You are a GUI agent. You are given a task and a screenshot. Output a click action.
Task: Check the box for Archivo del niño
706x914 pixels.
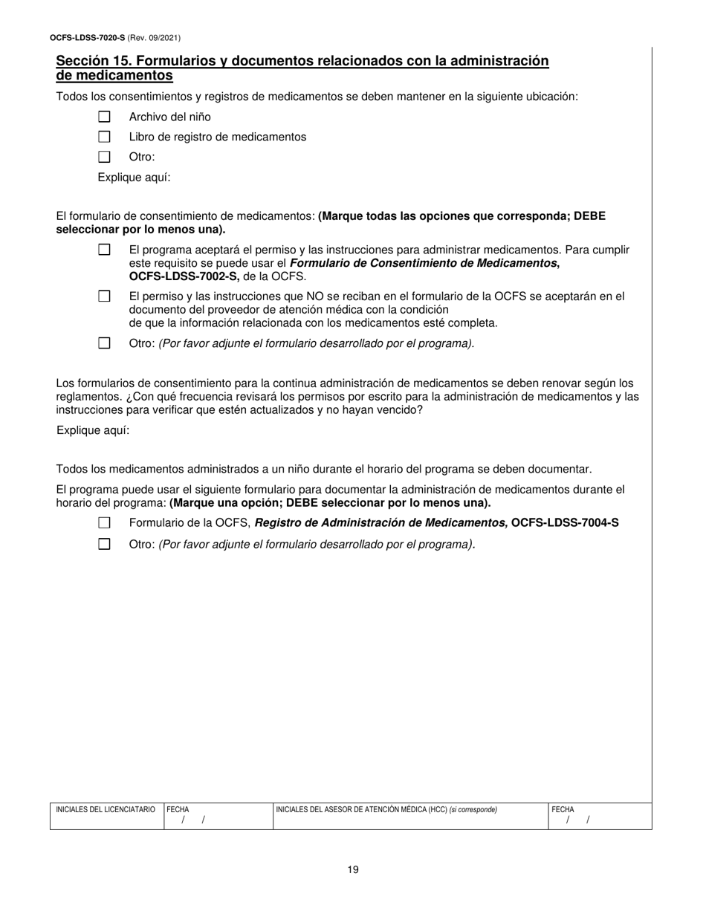click(104, 117)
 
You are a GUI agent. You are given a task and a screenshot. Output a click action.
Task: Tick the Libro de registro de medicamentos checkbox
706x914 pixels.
click(104, 137)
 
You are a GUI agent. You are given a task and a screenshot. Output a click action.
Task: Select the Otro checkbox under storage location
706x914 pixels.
click(104, 157)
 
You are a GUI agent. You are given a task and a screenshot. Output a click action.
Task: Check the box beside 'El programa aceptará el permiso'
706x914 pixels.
click(104, 250)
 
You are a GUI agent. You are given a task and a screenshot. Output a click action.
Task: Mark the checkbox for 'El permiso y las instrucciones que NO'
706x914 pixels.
click(104, 296)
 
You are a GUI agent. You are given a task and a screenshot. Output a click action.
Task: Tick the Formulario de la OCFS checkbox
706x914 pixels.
click(104, 523)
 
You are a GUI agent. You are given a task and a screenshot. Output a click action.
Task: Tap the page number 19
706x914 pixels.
click(353, 869)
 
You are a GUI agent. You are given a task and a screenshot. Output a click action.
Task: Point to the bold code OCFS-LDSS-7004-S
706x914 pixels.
click(565, 523)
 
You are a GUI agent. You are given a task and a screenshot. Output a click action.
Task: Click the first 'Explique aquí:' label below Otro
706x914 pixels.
click(134, 178)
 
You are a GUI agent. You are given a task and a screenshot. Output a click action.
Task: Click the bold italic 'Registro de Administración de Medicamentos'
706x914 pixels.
click(381, 523)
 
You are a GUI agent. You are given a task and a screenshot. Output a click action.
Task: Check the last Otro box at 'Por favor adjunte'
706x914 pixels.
click(104, 544)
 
